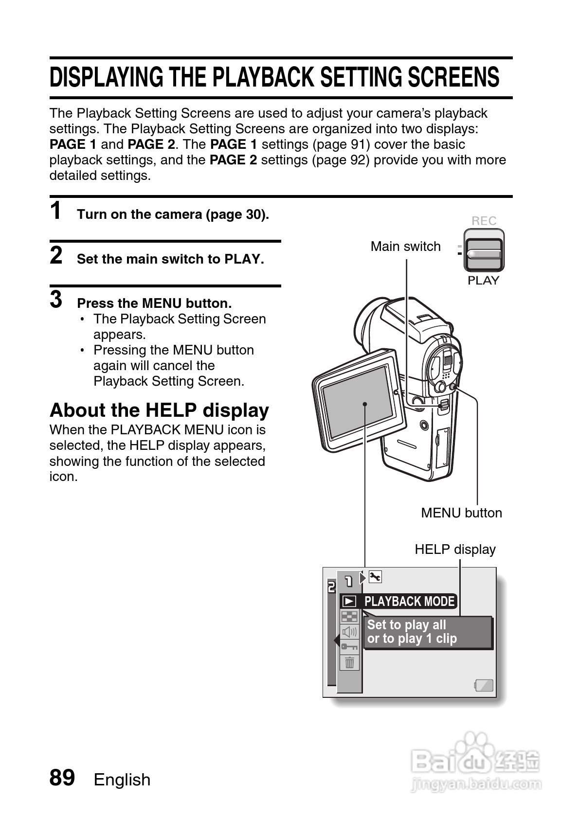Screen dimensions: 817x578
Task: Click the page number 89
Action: point(62,778)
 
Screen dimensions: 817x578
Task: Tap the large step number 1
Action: point(56,212)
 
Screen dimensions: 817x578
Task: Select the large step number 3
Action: point(56,300)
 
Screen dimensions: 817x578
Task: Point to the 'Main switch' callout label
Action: point(405,247)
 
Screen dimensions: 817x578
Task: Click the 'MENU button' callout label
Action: point(461,513)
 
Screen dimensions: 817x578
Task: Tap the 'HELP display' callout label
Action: point(455,550)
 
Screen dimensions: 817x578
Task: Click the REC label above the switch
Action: point(484,221)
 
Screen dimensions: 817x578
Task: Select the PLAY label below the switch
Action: point(483,281)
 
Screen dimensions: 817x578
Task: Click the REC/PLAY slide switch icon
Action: point(483,250)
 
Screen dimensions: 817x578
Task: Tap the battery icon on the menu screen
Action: point(484,686)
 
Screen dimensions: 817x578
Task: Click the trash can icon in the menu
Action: point(349,662)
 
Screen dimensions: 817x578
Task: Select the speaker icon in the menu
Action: point(349,632)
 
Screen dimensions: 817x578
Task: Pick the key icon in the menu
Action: point(349,647)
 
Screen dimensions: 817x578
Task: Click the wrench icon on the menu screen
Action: point(375,577)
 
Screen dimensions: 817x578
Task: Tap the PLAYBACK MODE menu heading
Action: point(409,602)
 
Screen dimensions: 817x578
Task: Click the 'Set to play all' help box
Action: point(427,632)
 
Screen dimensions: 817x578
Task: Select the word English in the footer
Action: point(122,780)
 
